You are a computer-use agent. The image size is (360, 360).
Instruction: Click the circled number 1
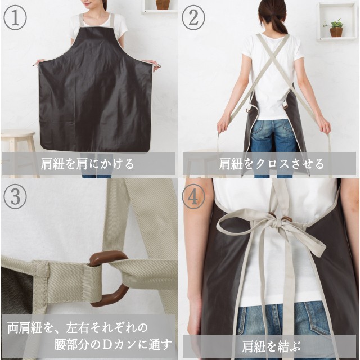(15, 18)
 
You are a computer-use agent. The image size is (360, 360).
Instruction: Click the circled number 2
(193, 18)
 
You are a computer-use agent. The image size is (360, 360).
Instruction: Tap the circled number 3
(15, 197)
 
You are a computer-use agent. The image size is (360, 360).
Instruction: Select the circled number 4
(193, 197)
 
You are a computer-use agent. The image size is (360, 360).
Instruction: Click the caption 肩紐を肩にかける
(87, 164)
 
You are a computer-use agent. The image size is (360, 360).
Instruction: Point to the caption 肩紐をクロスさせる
(271, 164)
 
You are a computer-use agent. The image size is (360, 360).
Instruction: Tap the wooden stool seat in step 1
(18, 134)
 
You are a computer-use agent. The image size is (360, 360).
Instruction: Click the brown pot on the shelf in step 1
(163, 4)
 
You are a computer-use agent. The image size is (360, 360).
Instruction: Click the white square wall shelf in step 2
(336, 22)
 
